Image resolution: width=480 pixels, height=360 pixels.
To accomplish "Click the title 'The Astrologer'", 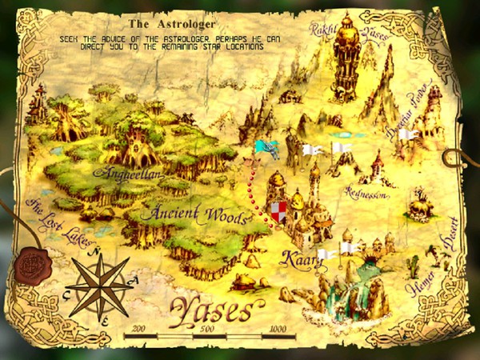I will pos(164,26).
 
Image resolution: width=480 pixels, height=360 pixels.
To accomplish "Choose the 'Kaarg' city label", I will pos(298,260).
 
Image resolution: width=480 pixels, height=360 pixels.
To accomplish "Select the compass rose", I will pos(102,285).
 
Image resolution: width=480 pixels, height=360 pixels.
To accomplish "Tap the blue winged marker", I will pos(267,149).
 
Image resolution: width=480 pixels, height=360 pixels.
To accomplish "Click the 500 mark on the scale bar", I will pos(207,329).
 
